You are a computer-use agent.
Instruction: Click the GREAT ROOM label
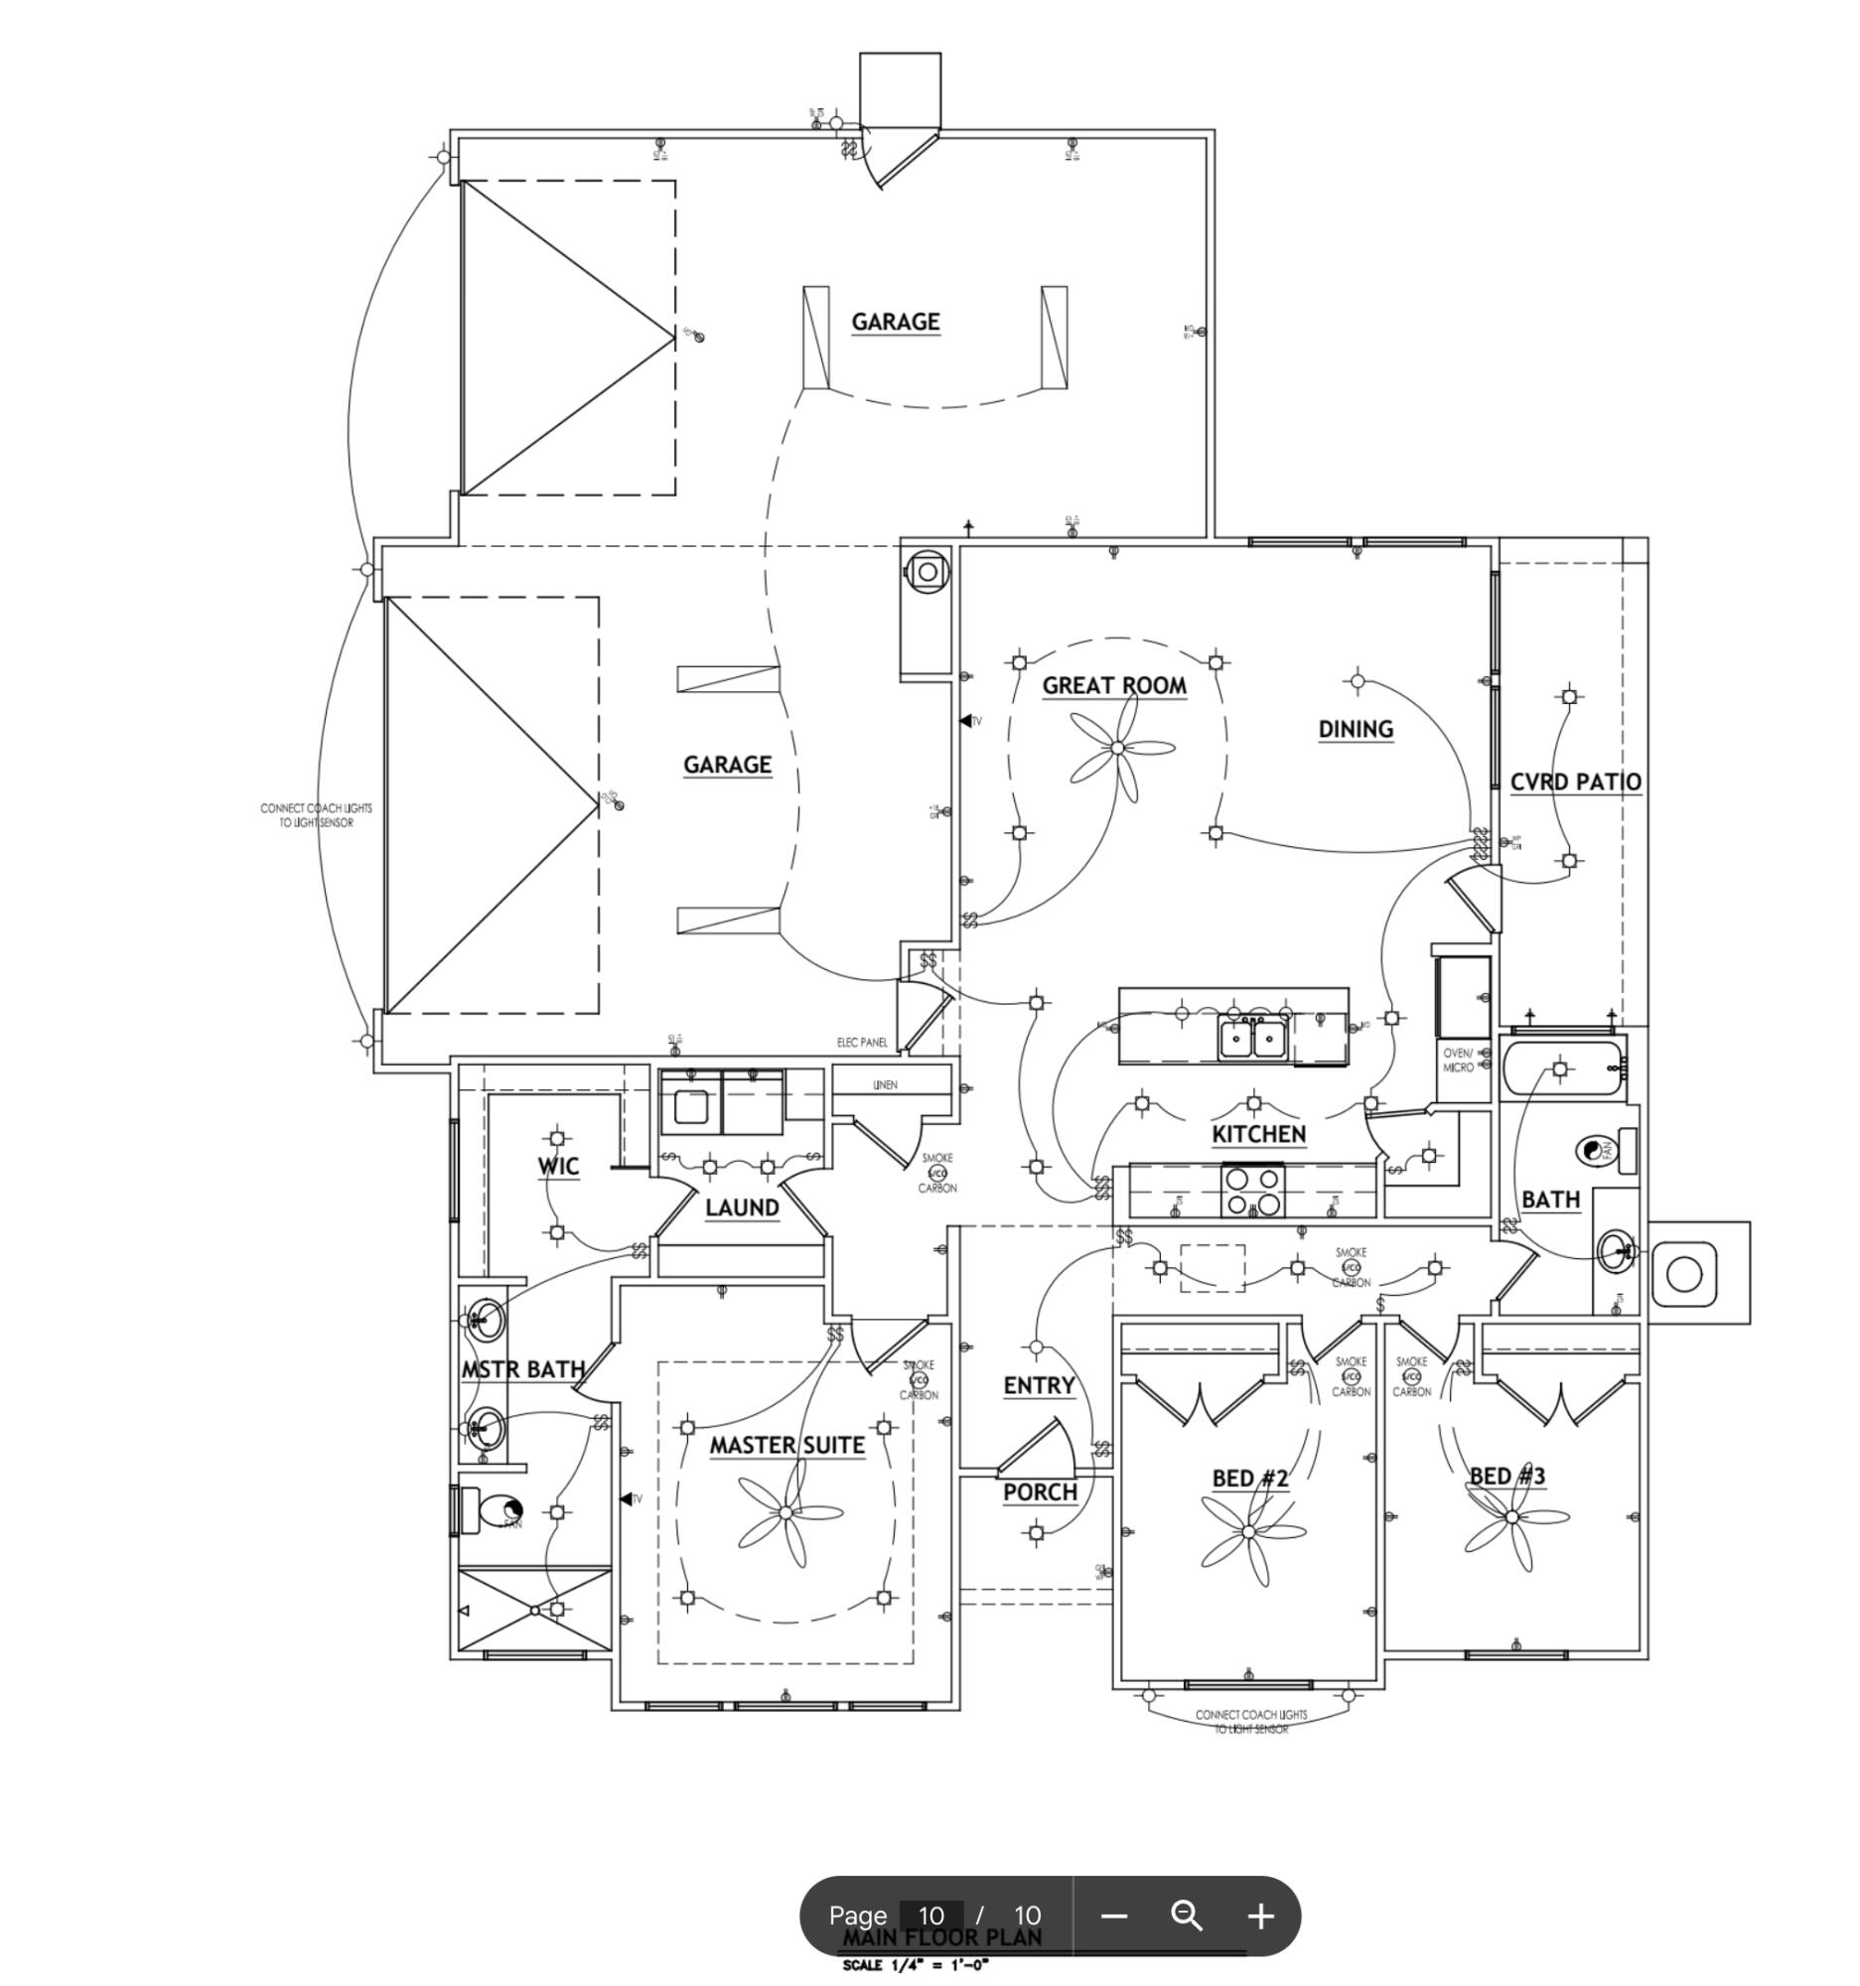(1114, 685)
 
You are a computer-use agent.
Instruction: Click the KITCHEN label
(1258, 1134)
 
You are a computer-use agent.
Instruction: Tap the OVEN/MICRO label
(1458, 1061)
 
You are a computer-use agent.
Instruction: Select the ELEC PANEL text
(862, 1042)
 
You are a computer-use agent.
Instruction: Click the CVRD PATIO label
(1575, 782)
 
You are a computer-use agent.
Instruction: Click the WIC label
(557, 1166)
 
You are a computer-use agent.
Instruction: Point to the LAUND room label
(741, 1207)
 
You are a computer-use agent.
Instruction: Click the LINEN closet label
(885, 1084)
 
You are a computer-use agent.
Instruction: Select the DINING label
(1356, 729)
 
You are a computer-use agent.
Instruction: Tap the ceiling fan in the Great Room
(1117, 749)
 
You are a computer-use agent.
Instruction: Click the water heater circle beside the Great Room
(927, 572)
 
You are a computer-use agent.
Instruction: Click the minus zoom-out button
(1114, 1916)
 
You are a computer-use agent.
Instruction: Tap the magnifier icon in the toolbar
(1187, 1916)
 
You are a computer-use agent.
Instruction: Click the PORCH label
(1040, 1492)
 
